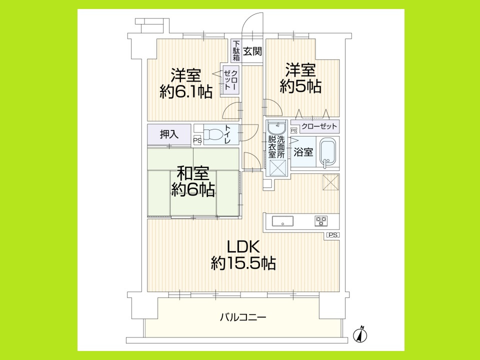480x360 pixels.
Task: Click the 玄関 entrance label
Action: tap(253, 50)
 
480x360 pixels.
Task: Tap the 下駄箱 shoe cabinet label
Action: tap(236, 51)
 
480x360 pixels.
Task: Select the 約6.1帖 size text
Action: tap(186, 91)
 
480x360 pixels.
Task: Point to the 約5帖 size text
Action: tap(300, 86)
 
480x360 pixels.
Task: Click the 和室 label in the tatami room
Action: tap(192, 174)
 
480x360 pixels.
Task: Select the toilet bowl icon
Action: tap(213, 134)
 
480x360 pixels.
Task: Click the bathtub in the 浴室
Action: tap(328, 151)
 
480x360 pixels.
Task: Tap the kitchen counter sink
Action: tap(283, 220)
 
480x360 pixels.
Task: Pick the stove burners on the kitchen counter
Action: tap(320, 220)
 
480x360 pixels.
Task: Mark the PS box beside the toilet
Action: tap(197, 140)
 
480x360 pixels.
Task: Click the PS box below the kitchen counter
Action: tap(332, 235)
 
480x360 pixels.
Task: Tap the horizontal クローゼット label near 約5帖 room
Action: tap(319, 125)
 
